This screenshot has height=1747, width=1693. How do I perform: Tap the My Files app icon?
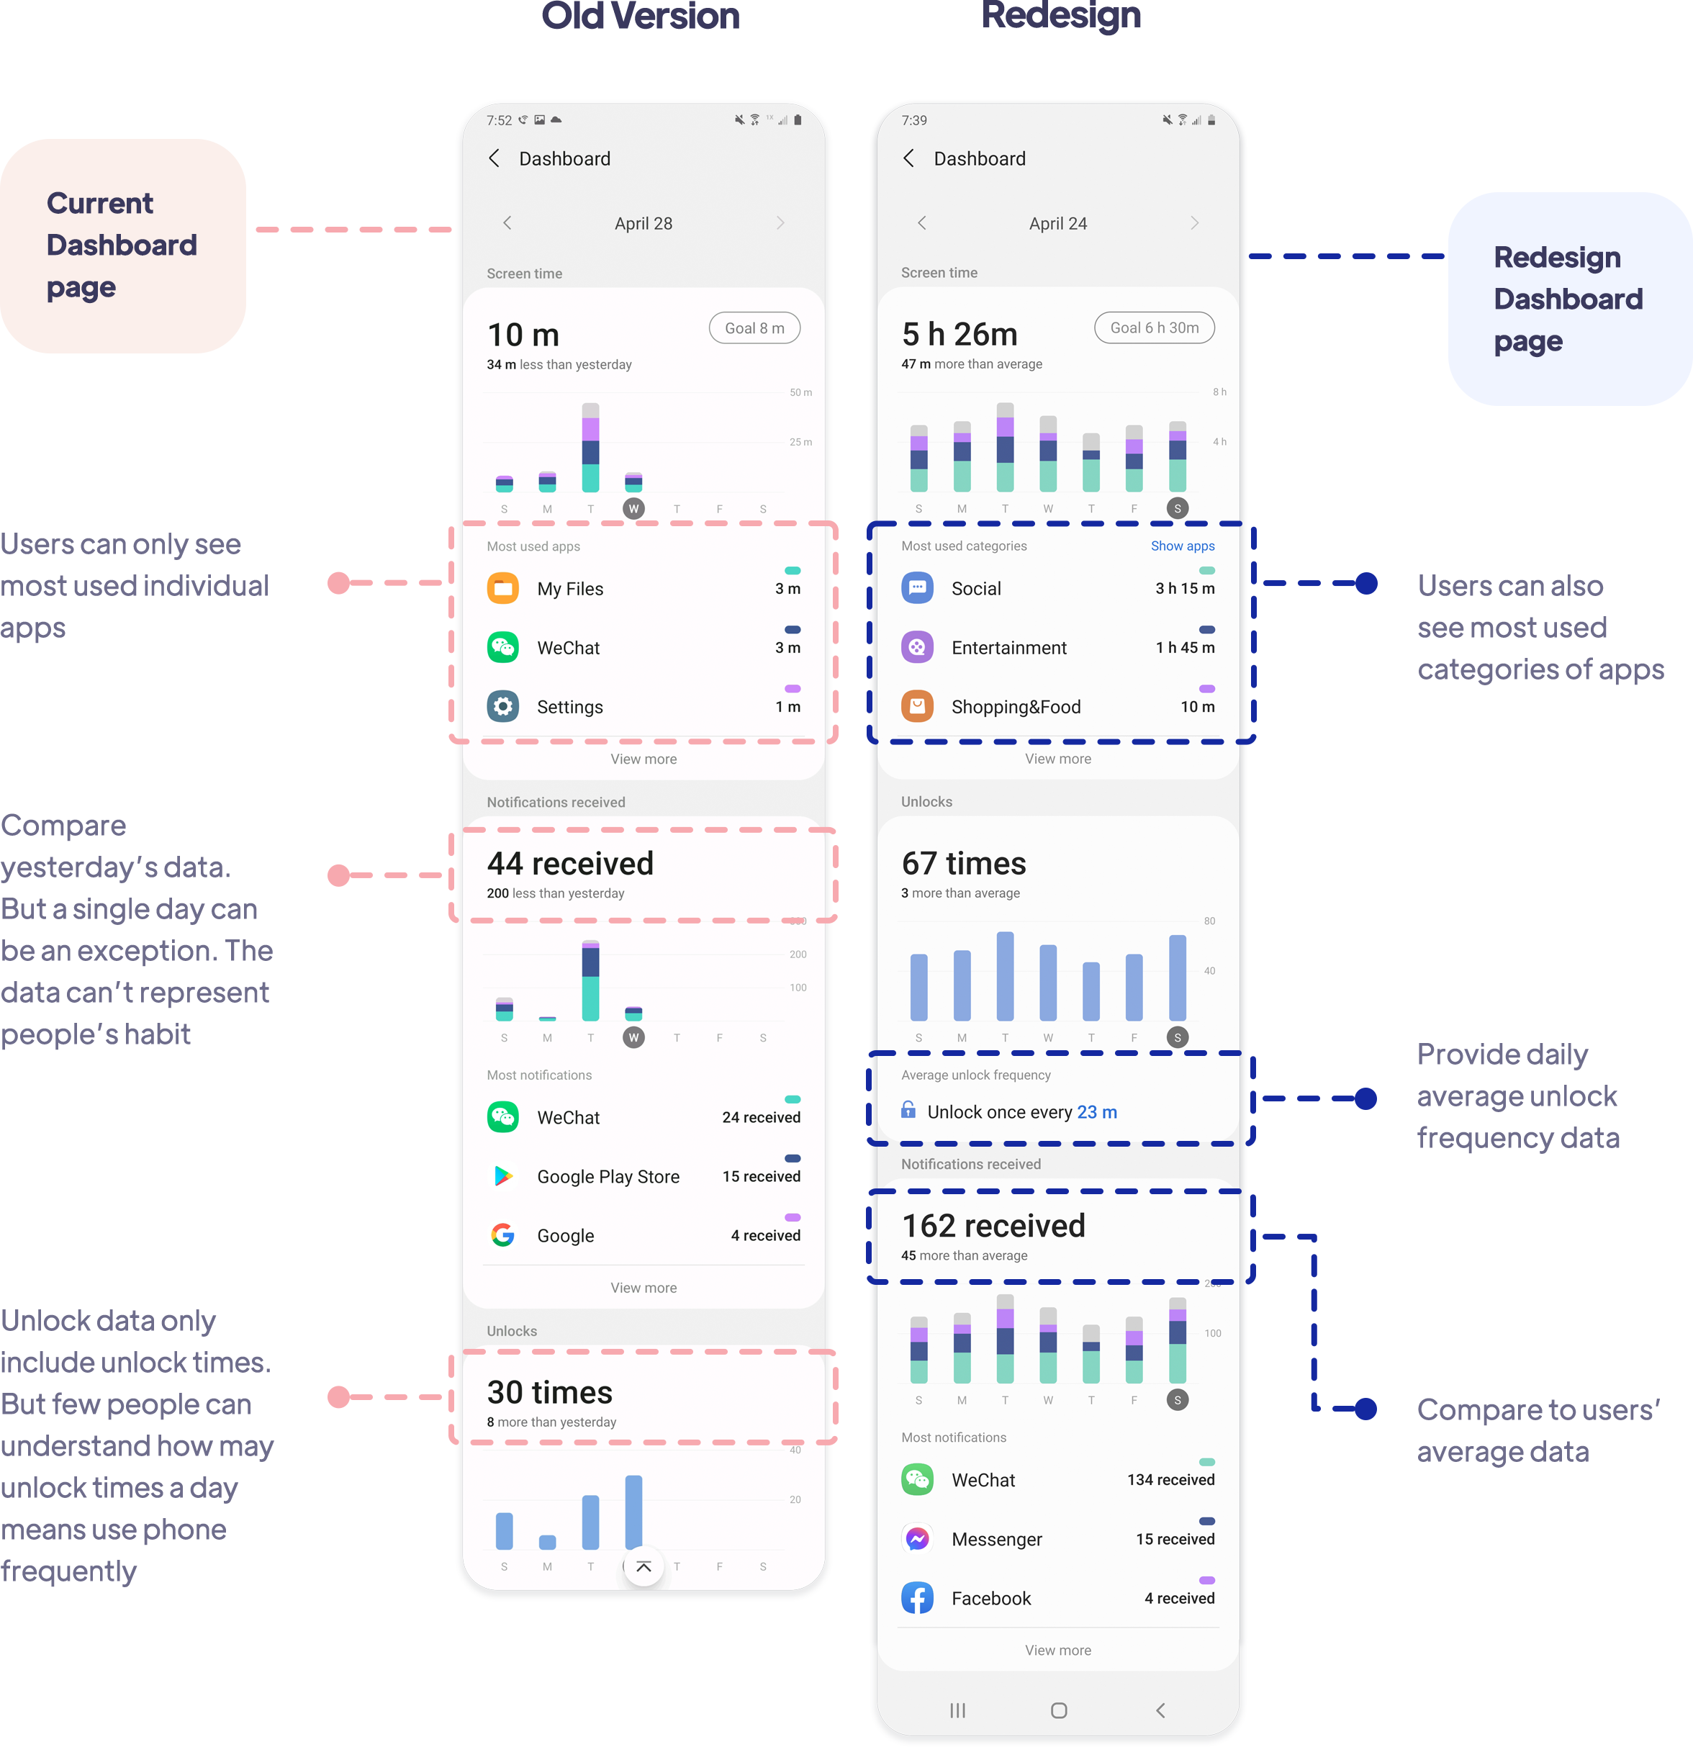click(x=503, y=588)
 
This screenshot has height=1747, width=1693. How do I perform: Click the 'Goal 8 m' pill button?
click(x=754, y=328)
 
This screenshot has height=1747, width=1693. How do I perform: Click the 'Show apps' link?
click(x=1182, y=546)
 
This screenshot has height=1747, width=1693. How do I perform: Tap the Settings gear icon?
click(x=503, y=707)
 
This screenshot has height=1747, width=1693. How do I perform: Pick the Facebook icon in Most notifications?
click(x=917, y=1598)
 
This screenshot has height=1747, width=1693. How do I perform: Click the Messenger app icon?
click(x=917, y=1538)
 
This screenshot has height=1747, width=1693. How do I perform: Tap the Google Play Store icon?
click(x=503, y=1177)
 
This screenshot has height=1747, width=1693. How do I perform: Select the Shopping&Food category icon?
click(x=917, y=707)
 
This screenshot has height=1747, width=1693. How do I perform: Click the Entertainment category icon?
click(x=917, y=647)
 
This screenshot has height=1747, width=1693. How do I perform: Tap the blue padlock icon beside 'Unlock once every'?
click(x=908, y=1110)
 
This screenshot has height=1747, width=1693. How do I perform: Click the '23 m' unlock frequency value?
click(x=1096, y=1112)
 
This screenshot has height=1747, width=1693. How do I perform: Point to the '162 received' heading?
click(x=993, y=1226)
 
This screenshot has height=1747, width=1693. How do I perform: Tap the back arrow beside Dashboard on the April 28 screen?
click(x=494, y=158)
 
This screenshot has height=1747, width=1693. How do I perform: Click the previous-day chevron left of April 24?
click(x=922, y=223)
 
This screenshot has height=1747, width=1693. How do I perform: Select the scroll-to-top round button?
click(x=644, y=1566)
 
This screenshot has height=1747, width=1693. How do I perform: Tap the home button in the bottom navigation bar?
click(x=1058, y=1710)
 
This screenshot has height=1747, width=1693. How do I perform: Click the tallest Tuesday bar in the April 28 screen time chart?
click(x=590, y=448)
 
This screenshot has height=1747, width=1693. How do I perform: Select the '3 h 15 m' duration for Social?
click(x=1185, y=588)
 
